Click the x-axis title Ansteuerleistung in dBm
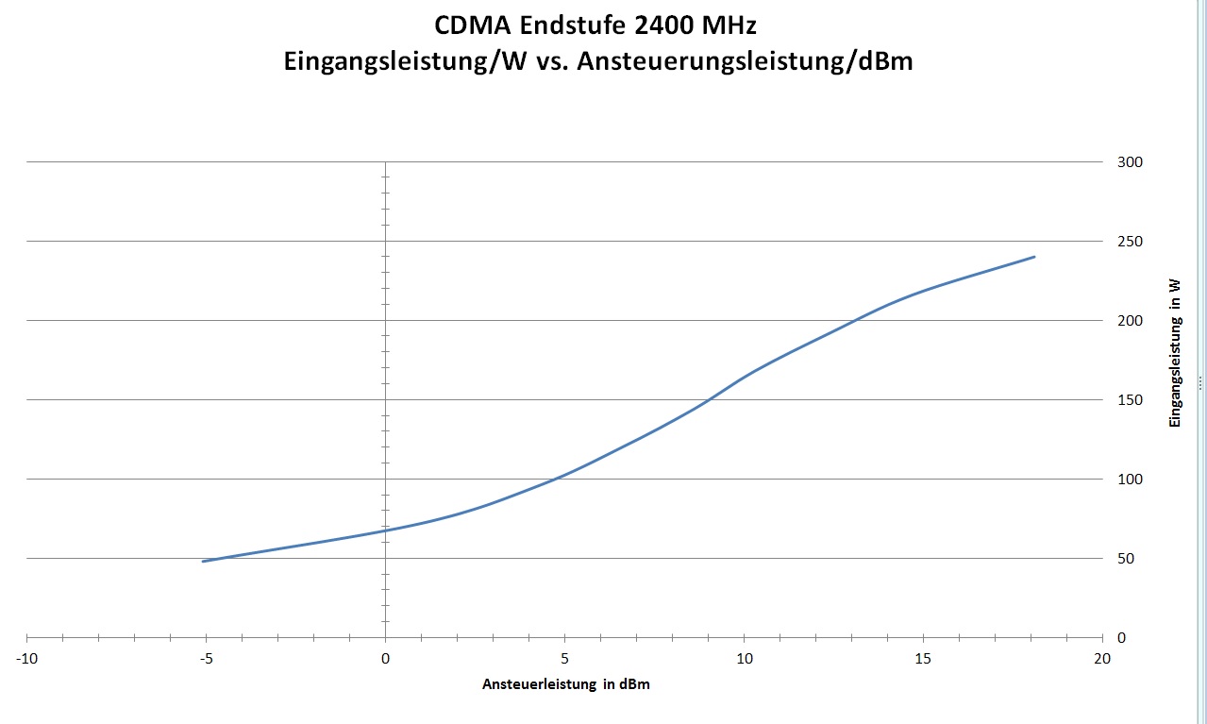[566, 685]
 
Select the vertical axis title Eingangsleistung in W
[1175, 352]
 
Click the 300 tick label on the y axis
[1130, 162]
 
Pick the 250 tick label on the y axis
[1130, 242]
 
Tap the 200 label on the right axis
[1130, 321]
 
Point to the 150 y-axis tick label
[1130, 400]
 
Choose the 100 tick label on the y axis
[1130, 480]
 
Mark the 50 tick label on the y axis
[1126, 559]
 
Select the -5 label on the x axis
[206, 658]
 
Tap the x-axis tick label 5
[564, 658]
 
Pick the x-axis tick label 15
[923, 658]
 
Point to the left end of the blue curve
[203, 562]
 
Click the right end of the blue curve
[1034, 257]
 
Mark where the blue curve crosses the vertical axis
[385, 530]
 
